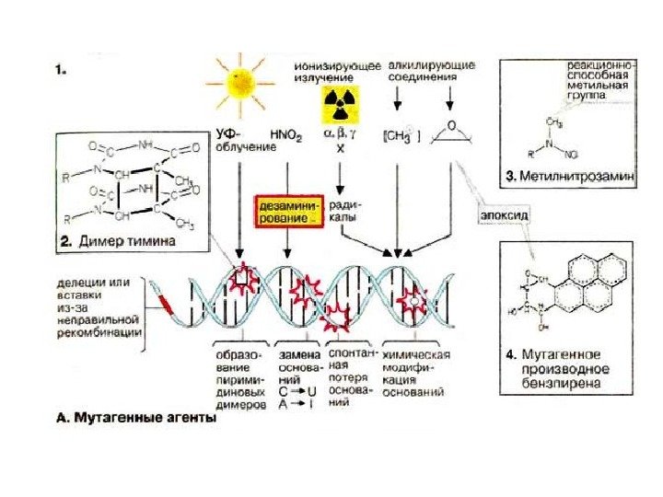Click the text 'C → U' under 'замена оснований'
290,390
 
